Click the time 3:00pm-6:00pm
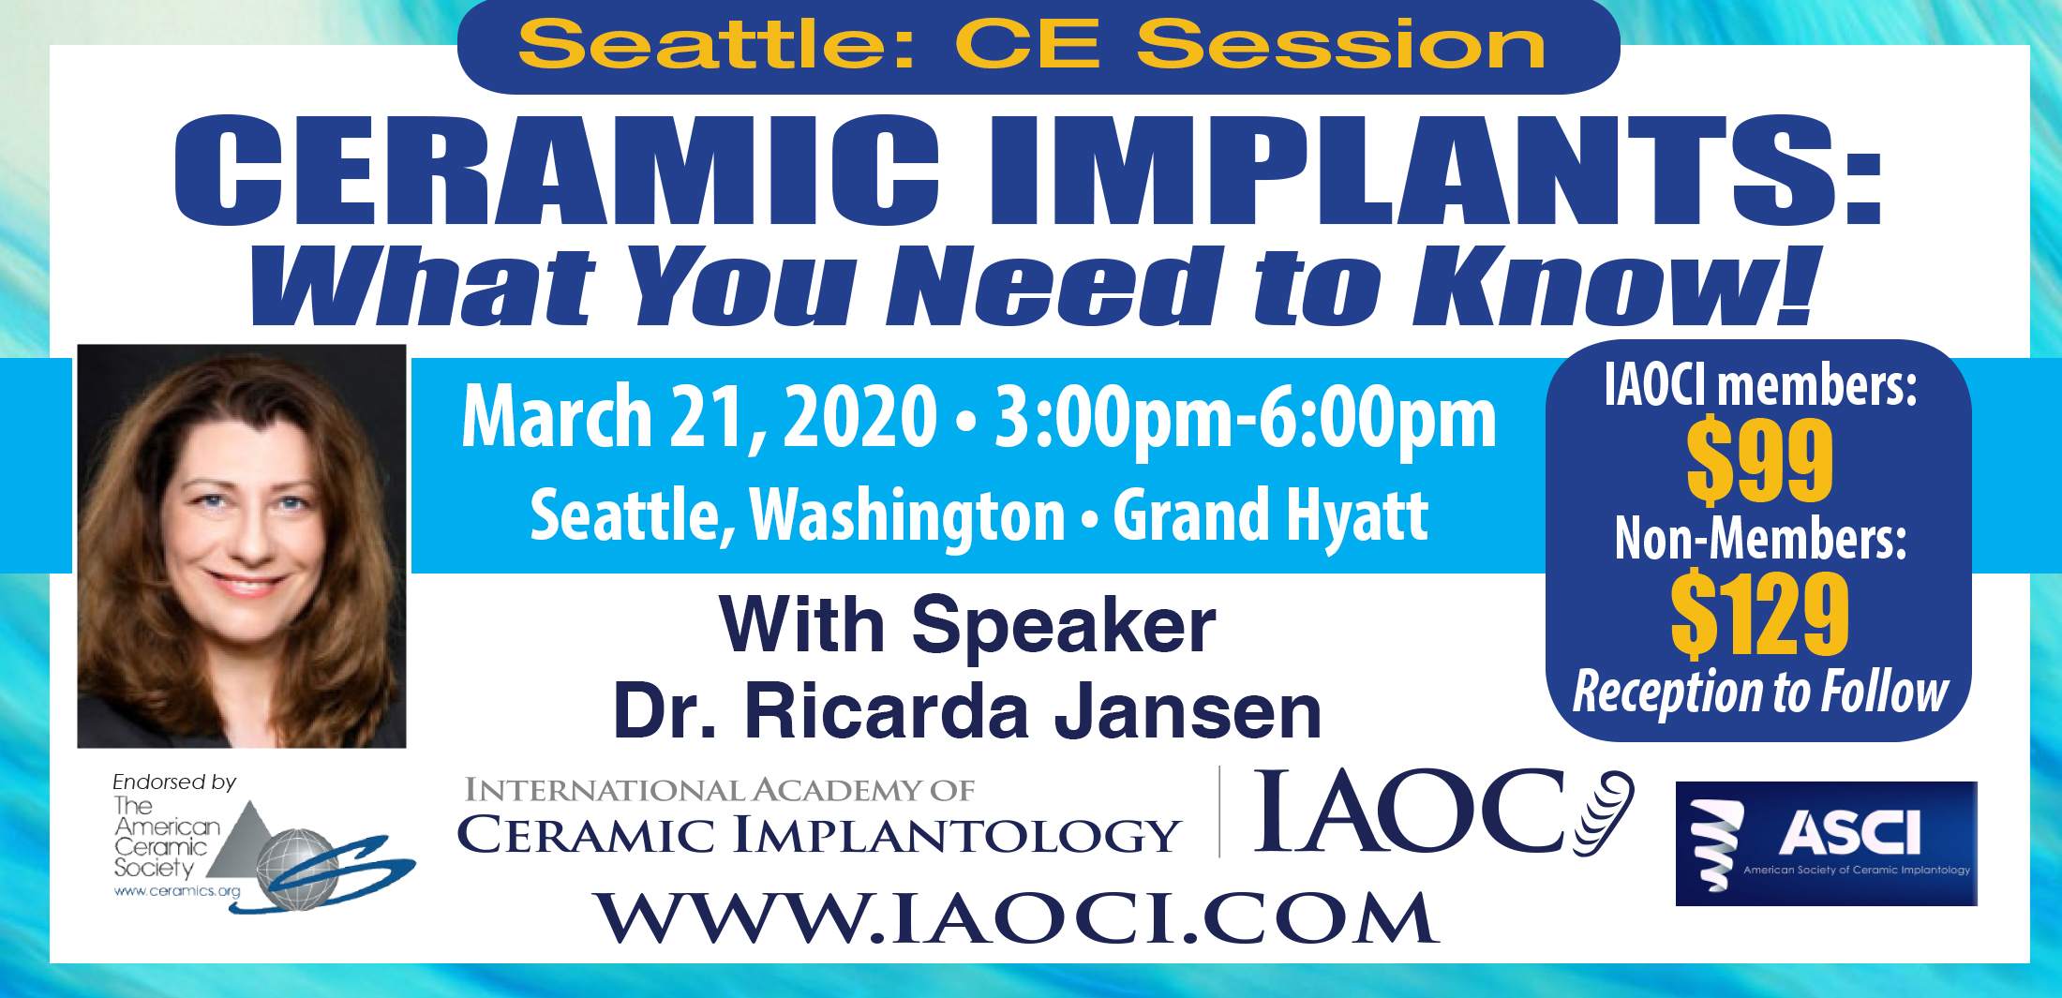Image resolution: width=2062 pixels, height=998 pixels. point(1245,418)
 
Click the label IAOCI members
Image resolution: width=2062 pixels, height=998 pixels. point(1760,386)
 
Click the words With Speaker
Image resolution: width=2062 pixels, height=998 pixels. point(968,626)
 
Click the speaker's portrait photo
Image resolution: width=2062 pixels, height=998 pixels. point(242,546)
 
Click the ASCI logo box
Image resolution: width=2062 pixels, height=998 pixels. point(1826,843)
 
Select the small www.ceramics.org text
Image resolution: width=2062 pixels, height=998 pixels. point(177,891)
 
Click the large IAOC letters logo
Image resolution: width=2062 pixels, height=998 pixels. point(1443,812)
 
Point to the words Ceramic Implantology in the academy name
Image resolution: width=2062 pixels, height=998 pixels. point(818,833)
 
